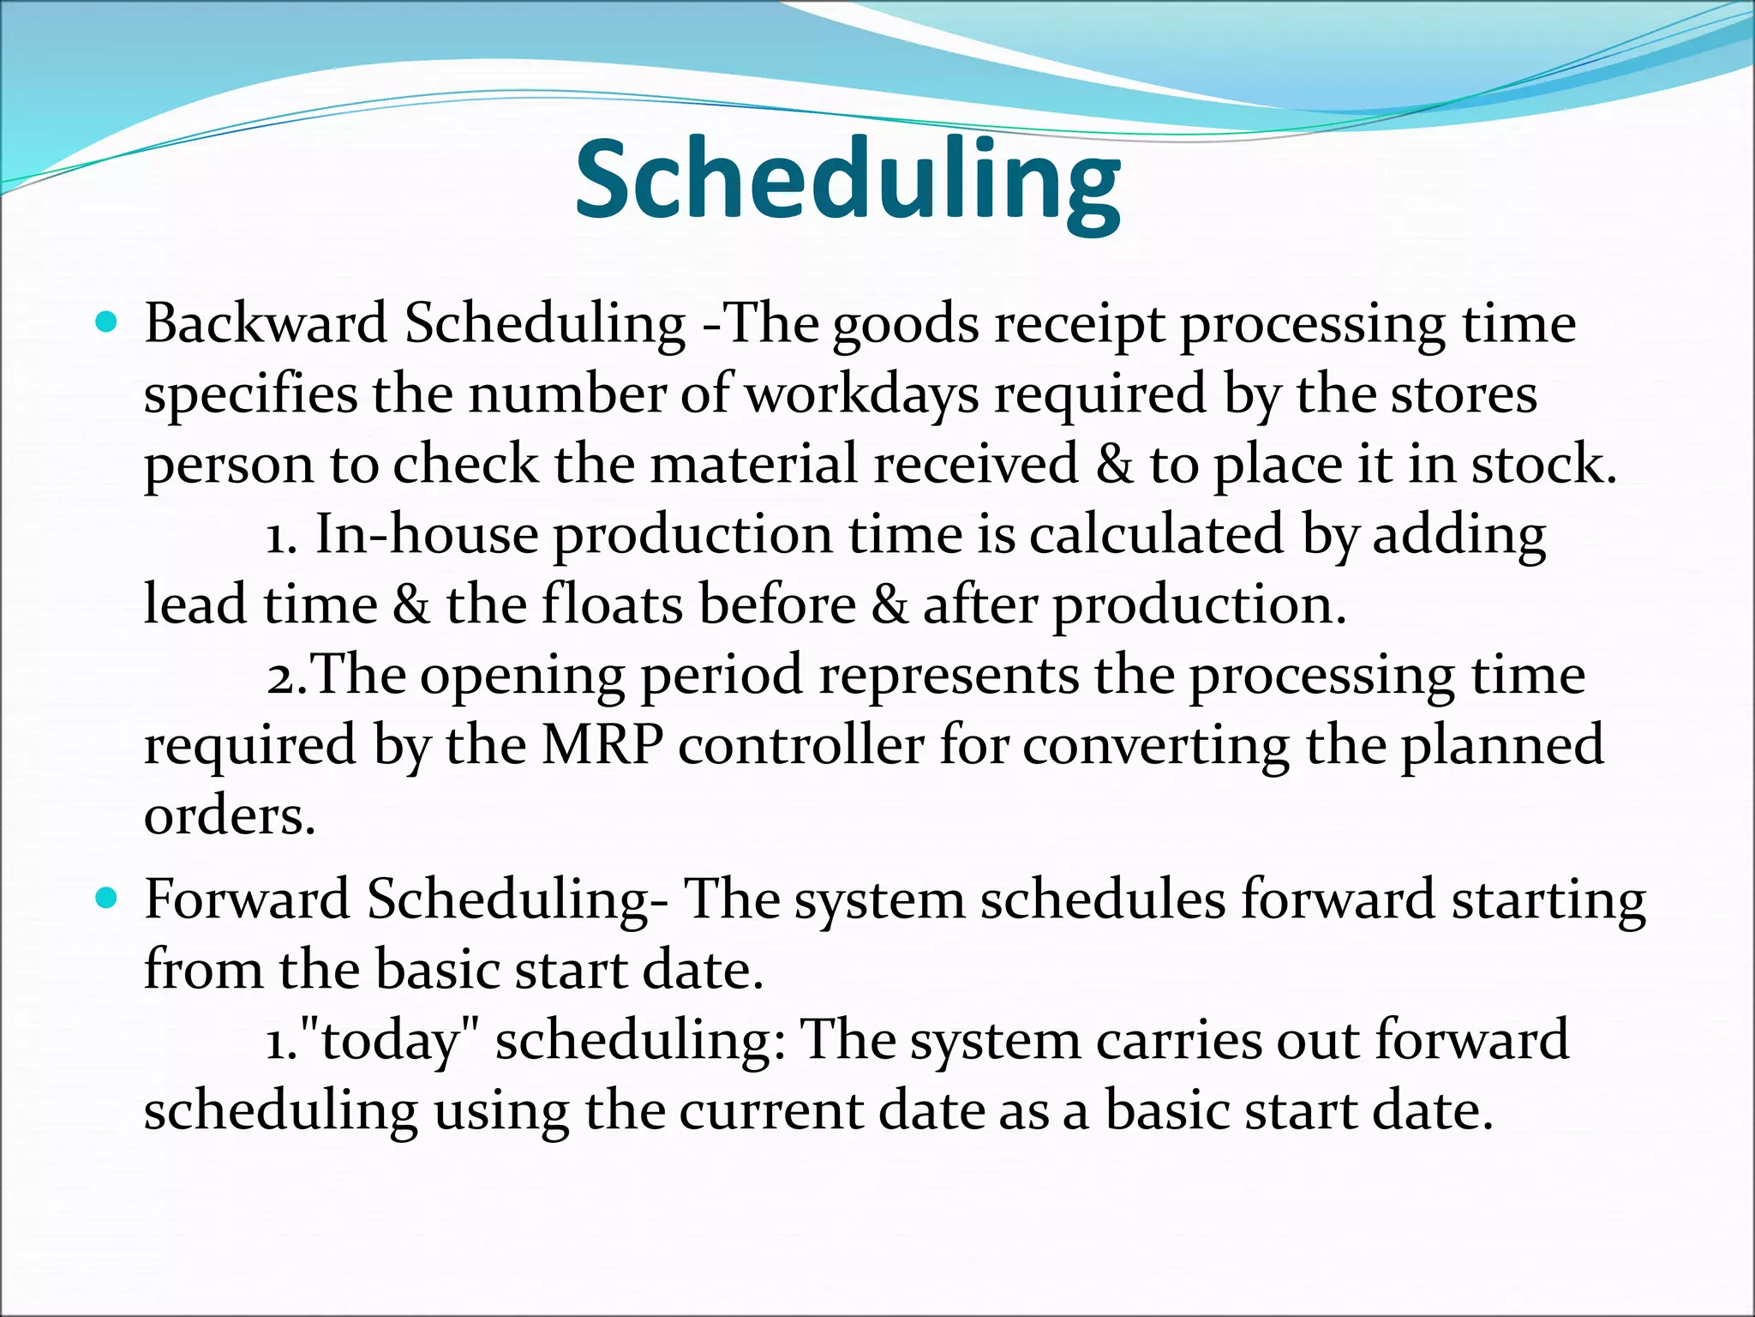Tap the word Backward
(266, 324)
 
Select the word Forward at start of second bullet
(247, 899)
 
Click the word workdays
(862, 394)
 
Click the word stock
(1542, 465)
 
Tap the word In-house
(427, 535)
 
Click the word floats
(613, 604)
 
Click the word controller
(801, 744)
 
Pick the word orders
(230, 816)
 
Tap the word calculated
(1156, 535)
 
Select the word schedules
(1103, 899)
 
